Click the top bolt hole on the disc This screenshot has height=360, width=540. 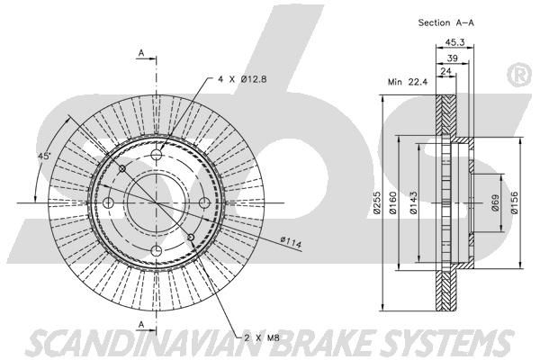[x=155, y=156]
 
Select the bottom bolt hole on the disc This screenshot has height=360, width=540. [x=155, y=249]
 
